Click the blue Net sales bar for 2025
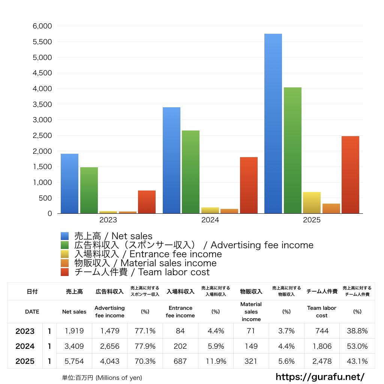tap(273, 124)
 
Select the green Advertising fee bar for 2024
tap(190, 172)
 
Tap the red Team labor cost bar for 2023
tap(147, 202)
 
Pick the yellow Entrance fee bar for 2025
tap(312, 202)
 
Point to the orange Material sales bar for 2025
tap(331, 208)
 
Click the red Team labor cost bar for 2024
tap(249, 185)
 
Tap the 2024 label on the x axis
tap(210, 220)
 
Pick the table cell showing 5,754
tap(74, 361)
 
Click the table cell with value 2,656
tap(110, 346)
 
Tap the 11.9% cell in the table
tap(216, 361)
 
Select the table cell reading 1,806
tap(322, 346)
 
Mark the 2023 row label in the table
tap(25, 331)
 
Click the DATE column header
tap(32, 312)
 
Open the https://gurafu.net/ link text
tap(320, 376)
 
